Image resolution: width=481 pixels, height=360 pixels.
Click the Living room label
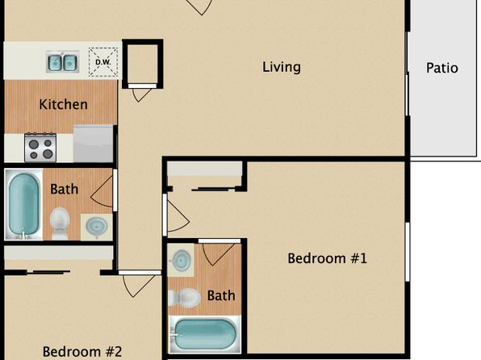[x=282, y=67]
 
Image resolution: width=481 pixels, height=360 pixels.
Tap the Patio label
[x=442, y=68]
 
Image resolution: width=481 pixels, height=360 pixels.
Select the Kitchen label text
[x=63, y=104]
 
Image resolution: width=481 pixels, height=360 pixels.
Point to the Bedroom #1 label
[x=327, y=258]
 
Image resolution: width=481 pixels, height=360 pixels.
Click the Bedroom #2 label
[x=82, y=352]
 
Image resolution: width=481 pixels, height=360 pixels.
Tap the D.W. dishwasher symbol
[x=103, y=62]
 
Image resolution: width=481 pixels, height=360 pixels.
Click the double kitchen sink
[x=63, y=61]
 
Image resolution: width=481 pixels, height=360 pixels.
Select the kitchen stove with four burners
[x=40, y=148]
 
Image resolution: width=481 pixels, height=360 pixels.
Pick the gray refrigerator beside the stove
[x=94, y=144]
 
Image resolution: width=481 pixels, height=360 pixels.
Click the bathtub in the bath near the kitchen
[x=23, y=204]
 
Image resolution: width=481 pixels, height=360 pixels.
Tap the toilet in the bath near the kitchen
[x=60, y=223]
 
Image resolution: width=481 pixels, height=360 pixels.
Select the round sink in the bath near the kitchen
[x=96, y=227]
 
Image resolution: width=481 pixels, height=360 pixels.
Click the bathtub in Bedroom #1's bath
[x=205, y=334]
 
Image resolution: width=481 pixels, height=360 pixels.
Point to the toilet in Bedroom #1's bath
[x=184, y=297]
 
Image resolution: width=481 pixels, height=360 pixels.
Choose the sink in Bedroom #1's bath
[x=181, y=260]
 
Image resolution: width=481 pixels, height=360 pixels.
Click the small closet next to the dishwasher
[x=142, y=64]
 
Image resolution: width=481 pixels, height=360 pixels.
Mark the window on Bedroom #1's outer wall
[x=408, y=252]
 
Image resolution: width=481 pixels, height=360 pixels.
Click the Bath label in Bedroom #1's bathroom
[x=221, y=295]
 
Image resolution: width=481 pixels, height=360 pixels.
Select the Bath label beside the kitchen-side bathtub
[x=64, y=189]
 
